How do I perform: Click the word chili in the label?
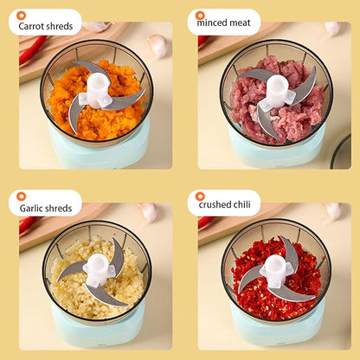(x=241, y=204)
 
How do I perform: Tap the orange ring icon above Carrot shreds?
(x=21, y=16)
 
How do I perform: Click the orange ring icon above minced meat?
(x=200, y=15)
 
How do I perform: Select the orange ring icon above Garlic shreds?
(x=21, y=196)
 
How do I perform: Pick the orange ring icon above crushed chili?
(x=200, y=196)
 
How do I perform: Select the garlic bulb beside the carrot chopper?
(x=158, y=46)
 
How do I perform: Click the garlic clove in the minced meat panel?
(x=331, y=29)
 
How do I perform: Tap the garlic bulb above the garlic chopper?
(x=149, y=212)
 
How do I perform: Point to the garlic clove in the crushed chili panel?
(x=332, y=211)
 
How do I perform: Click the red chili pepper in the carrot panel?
(x=32, y=49)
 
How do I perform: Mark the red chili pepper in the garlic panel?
(x=29, y=224)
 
